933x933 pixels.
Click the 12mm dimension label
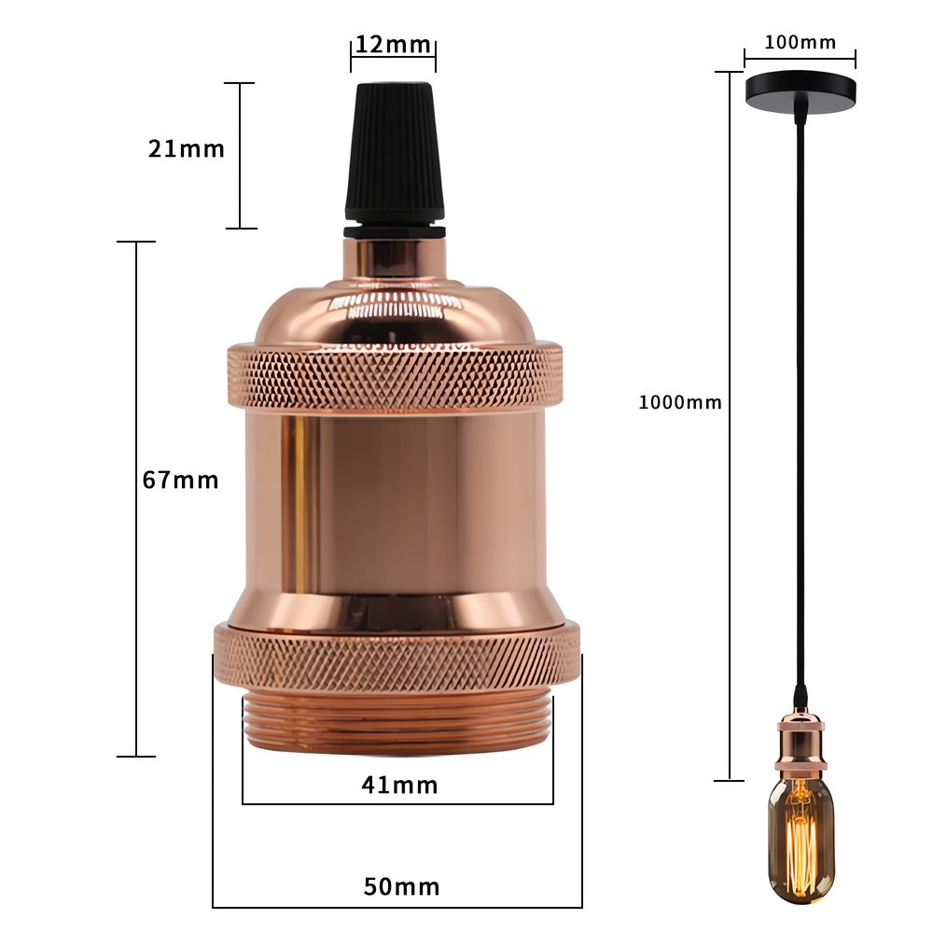394,44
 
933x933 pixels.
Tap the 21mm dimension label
187,148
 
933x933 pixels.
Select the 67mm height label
180,480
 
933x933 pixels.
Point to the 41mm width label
399,786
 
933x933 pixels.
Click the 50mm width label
401,887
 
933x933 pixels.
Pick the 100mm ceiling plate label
800,42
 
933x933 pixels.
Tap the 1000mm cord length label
680,402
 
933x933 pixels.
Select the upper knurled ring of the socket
395,376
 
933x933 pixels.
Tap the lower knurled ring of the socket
397,659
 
